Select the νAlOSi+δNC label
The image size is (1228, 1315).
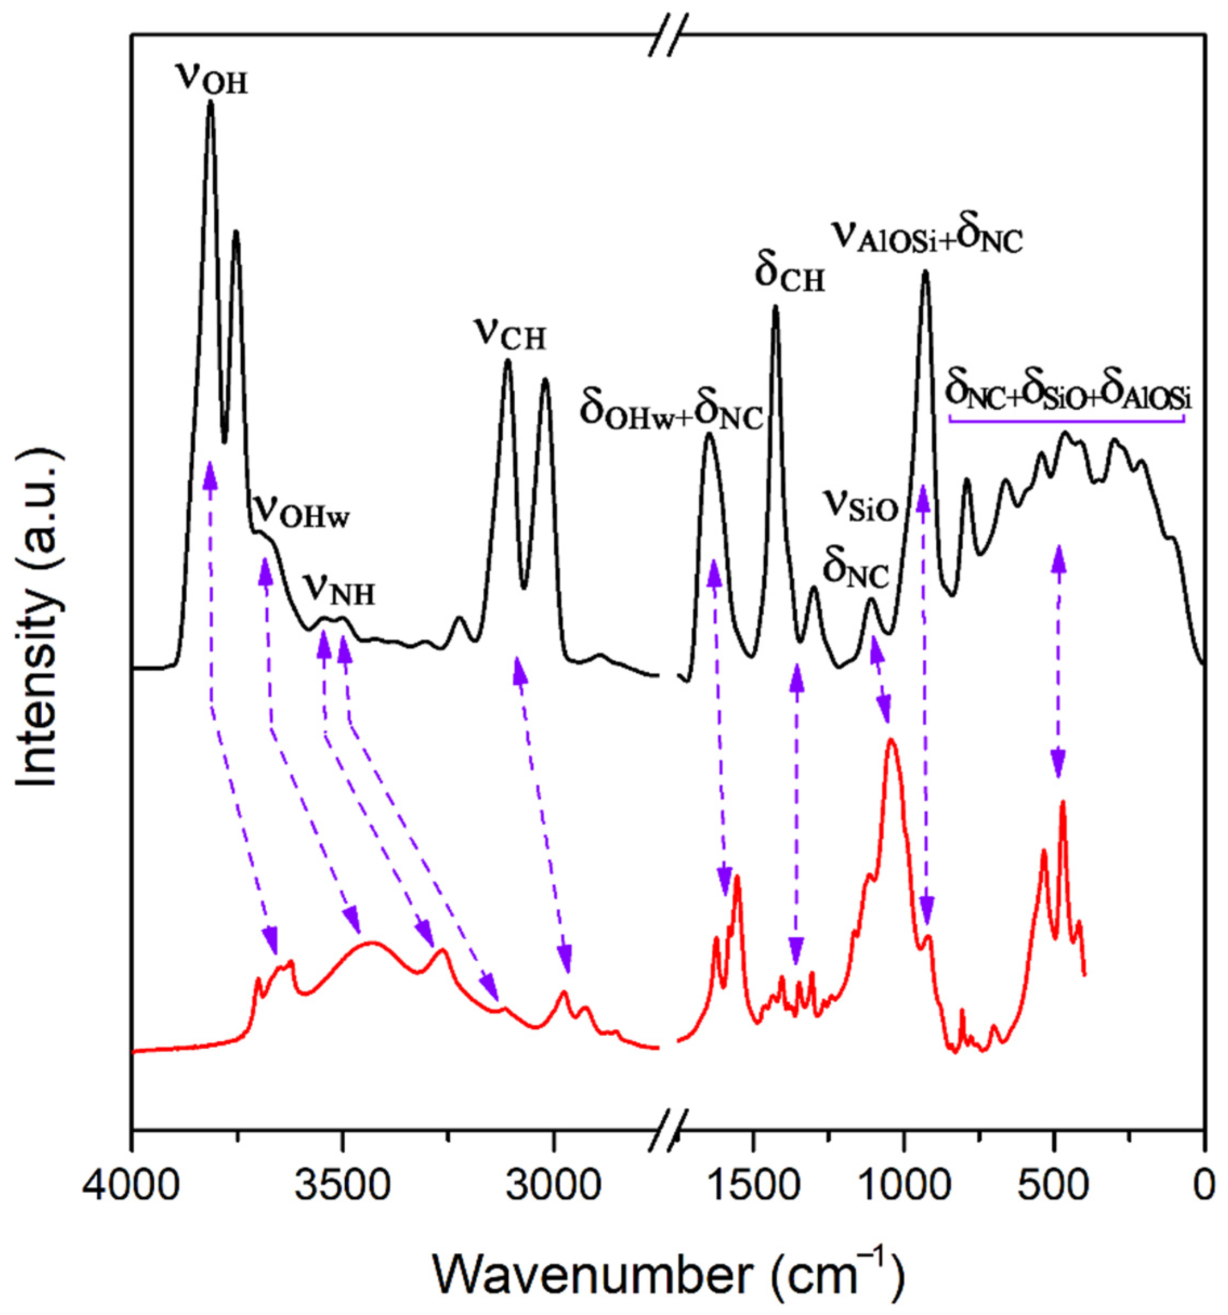click(927, 235)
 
